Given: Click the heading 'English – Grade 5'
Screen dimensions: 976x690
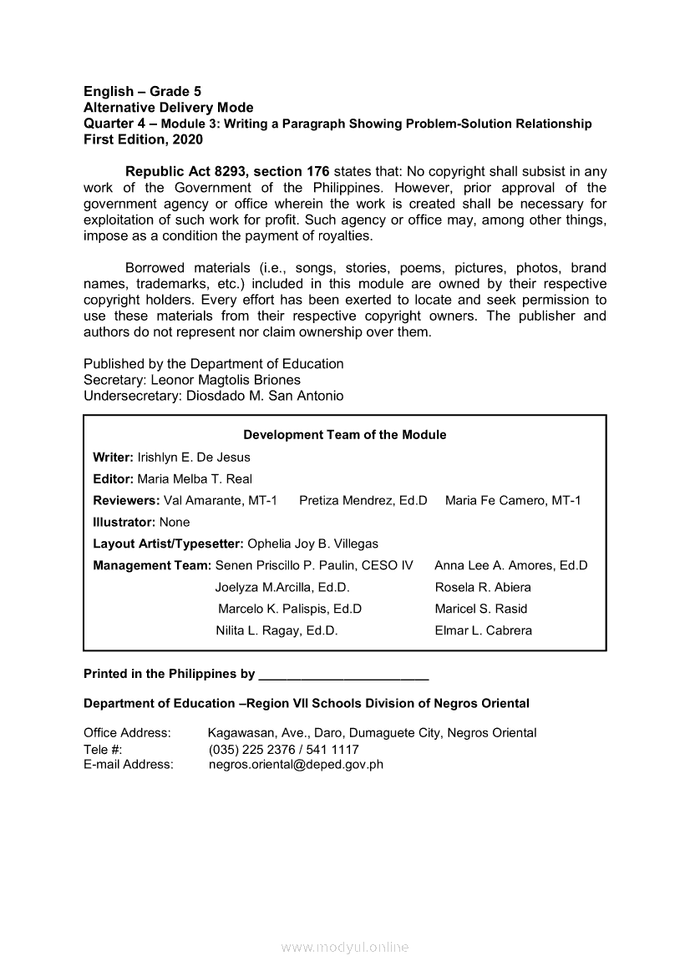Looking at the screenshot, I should coord(142,91).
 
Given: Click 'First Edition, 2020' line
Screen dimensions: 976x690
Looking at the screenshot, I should coord(143,139).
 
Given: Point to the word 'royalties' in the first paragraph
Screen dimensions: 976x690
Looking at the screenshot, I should coord(344,235).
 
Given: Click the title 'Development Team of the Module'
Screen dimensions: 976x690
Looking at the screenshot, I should coord(344,435).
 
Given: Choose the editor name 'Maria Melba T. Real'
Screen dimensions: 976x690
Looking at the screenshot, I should coord(195,479).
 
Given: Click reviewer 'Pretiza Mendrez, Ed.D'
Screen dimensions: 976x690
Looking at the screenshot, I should coord(363,501).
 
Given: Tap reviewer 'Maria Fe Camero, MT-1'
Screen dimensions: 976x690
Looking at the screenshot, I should coord(513,501).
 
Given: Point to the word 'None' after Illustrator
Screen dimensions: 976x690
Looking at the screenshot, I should coord(175,523).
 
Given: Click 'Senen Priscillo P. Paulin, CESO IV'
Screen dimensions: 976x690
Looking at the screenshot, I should coord(314,566).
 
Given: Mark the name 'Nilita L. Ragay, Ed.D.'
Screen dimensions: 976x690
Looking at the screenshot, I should coord(277,631).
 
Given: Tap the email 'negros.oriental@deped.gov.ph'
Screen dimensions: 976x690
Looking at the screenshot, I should coord(296,764).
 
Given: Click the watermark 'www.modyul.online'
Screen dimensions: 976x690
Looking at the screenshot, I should coord(345,948).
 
